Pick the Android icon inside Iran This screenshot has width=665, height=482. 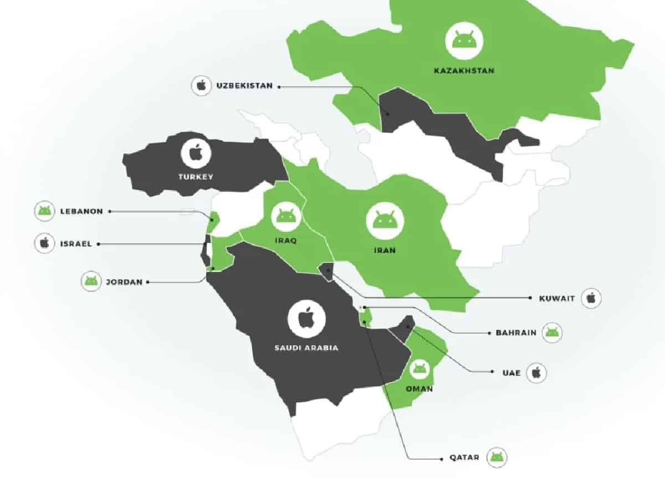coord(385,220)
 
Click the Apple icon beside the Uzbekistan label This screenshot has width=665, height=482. coord(201,86)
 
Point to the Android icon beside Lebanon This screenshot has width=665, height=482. coord(44,211)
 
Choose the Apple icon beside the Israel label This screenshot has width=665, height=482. coord(44,243)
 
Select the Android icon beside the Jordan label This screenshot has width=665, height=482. coord(91,281)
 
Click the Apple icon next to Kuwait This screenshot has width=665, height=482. coord(591,298)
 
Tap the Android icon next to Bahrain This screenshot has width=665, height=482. coord(552,333)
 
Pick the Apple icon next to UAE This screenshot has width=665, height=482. coord(536,372)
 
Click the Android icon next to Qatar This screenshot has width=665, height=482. coord(497,458)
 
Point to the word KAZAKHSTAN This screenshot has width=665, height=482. coord(464,71)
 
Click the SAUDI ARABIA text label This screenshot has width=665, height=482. coord(306,348)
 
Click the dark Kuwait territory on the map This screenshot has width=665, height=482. coord(326,269)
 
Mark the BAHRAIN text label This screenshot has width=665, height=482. coord(512,333)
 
